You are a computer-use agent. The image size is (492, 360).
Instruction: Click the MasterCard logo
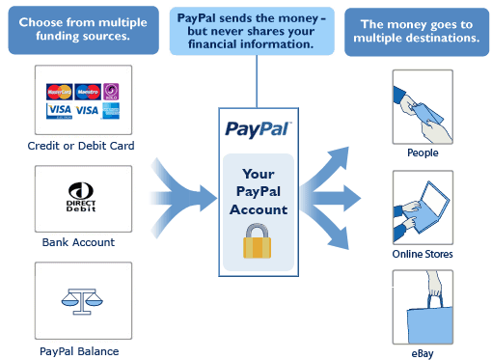click(60, 93)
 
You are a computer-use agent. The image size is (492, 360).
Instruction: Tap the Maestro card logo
click(88, 93)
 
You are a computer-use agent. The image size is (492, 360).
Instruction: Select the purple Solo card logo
click(111, 93)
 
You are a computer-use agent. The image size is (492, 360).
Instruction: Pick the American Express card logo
click(111, 110)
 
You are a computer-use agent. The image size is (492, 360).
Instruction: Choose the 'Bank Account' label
click(78, 242)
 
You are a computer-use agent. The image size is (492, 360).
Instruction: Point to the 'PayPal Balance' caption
click(79, 351)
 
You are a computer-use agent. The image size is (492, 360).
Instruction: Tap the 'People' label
click(423, 152)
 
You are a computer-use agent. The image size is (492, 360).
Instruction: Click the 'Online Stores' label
click(423, 254)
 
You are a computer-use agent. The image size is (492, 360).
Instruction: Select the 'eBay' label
click(423, 354)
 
